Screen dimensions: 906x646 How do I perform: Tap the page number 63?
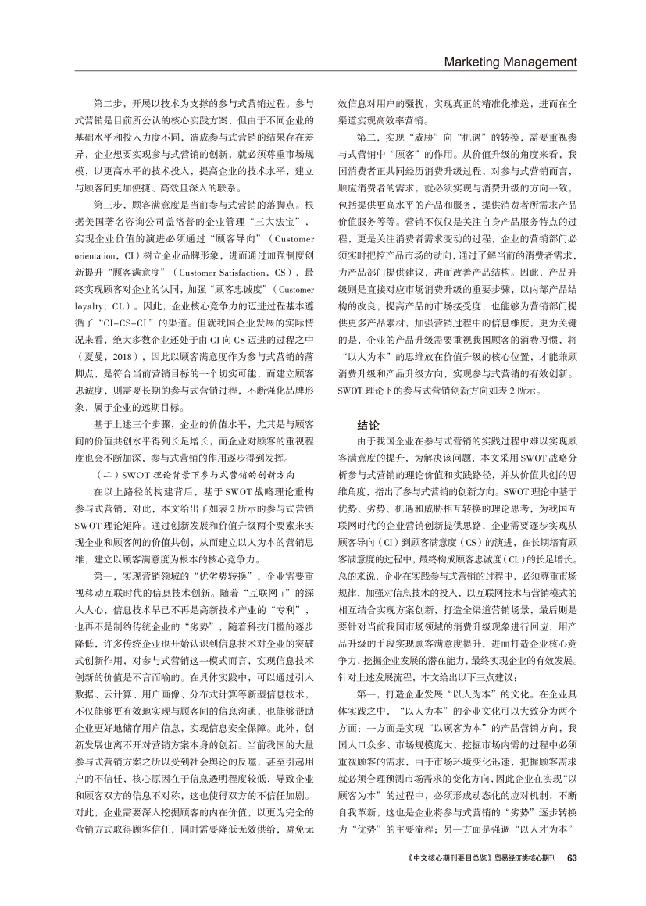pos(572,858)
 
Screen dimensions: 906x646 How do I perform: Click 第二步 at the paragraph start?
pos(107,102)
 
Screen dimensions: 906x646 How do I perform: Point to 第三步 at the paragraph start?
pos(107,205)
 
